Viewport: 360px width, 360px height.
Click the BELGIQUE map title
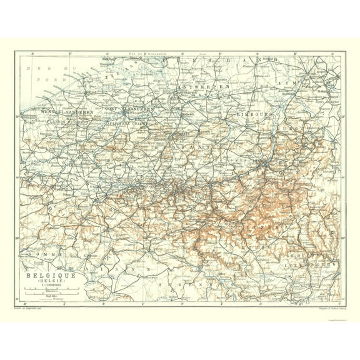point(50,274)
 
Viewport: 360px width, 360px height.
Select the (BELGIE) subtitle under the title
point(50,281)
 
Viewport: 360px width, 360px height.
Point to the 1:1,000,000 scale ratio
point(50,285)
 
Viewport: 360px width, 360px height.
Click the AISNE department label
point(134,266)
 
